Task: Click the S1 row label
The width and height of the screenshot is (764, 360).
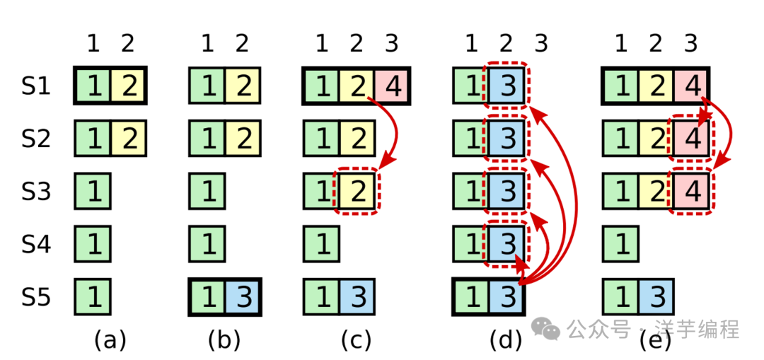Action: click(36, 86)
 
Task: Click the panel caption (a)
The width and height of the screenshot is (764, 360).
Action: click(110, 340)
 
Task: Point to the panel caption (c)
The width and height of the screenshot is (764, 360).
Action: click(356, 340)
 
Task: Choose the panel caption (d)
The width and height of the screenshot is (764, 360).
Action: click(506, 340)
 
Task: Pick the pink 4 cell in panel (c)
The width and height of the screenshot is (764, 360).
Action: click(392, 86)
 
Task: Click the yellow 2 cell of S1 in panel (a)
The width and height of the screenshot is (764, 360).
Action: click(128, 86)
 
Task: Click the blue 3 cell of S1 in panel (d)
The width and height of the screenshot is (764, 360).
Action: click(507, 86)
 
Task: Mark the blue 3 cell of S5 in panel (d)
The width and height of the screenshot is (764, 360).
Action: click(507, 296)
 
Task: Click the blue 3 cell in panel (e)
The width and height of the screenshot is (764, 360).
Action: click(656, 296)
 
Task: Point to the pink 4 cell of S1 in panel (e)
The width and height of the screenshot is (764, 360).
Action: click(692, 86)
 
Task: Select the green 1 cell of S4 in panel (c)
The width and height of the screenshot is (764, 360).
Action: click(322, 244)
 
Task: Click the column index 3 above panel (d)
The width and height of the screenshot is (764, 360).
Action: click(541, 44)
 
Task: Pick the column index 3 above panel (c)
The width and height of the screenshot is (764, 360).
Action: click(391, 44)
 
